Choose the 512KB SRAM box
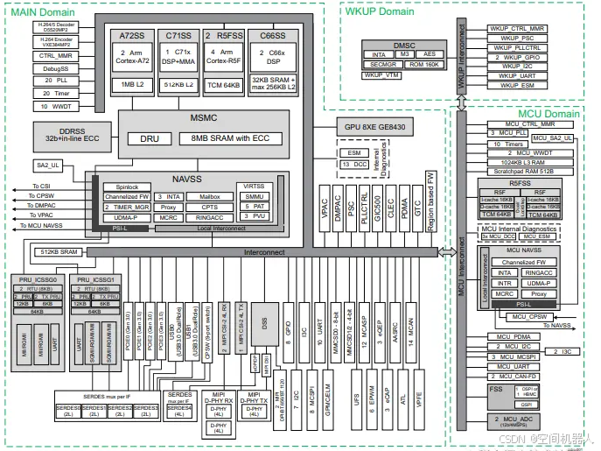(59, 251)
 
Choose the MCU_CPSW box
(529, 316)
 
